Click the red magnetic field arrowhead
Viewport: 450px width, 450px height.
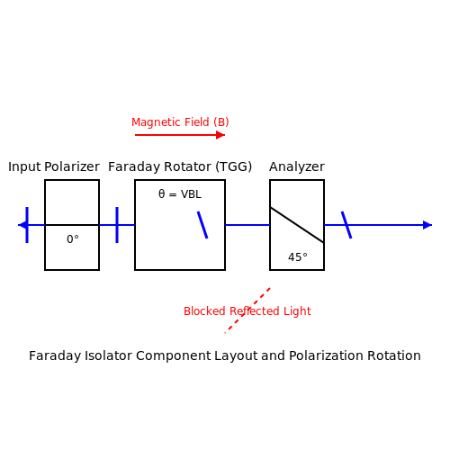point(220,135)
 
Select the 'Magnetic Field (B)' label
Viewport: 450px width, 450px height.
point(180,122)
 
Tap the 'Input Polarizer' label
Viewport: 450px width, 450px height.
point(54,166)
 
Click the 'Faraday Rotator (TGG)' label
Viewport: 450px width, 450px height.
point(180,166)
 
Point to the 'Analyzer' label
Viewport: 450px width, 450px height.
point(297,166)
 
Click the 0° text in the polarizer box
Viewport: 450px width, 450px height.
point(73,239)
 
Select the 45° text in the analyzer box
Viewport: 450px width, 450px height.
point(298,257)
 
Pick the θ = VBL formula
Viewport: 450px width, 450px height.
point(180,194)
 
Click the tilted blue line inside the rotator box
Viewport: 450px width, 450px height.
point(202,225)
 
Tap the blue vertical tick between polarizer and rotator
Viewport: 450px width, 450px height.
point(117,225)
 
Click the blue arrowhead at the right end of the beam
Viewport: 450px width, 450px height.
point(427,225)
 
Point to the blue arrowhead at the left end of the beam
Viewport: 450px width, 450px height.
point(22,225)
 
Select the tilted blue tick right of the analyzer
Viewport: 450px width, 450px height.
point(346,225)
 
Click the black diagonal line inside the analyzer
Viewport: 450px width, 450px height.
point(297,225)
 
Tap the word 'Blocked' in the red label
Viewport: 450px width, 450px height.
point(204,311)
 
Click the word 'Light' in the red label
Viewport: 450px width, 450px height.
point(297,311)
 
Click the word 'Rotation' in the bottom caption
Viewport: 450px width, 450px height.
point(394,355)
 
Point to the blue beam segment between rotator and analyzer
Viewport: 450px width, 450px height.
point(247,225)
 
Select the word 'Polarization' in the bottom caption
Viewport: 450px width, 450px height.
point(327,355)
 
